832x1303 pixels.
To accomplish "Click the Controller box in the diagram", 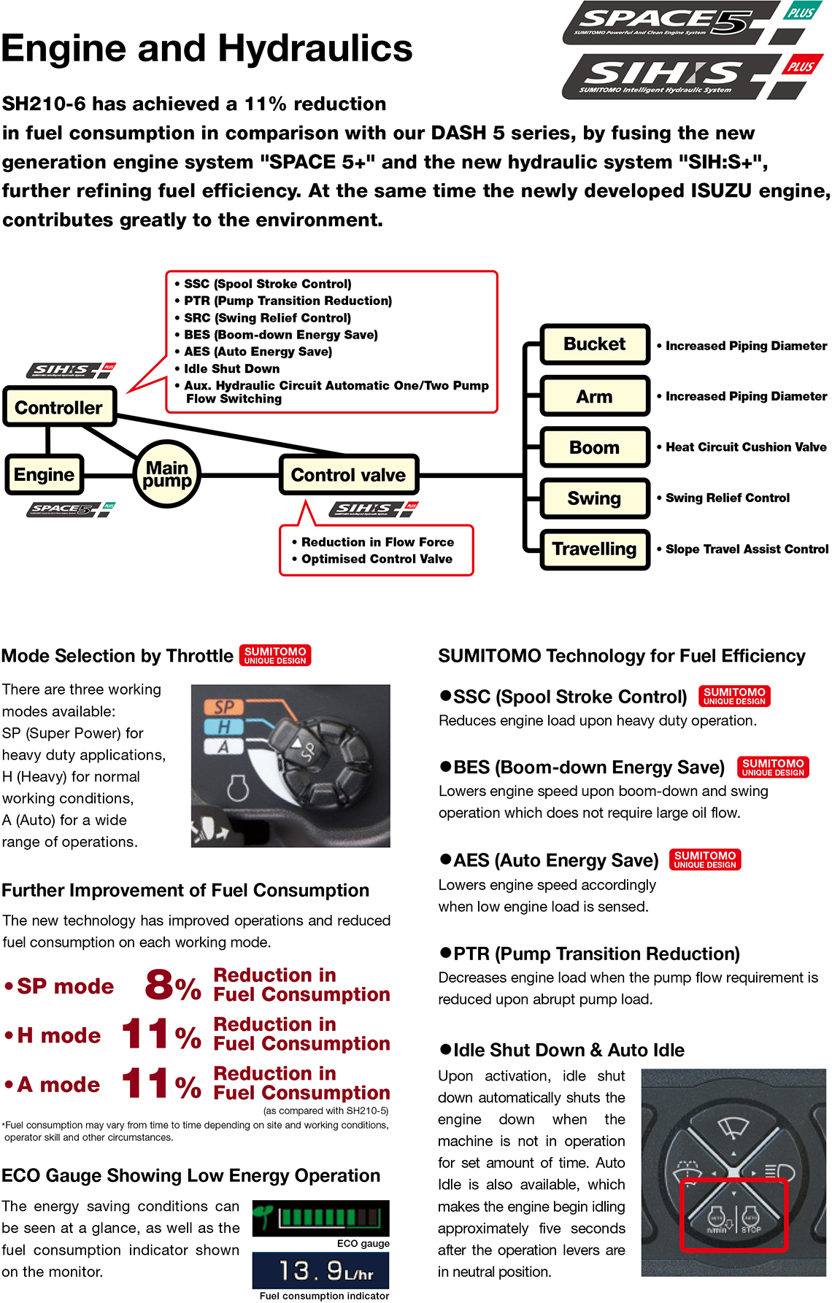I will (59, 407).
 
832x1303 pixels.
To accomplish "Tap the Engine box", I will (44, 475).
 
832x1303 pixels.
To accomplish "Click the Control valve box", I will (348, 475).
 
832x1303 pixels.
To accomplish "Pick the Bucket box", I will (594, 344).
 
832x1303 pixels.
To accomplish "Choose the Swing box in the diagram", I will (594, 498).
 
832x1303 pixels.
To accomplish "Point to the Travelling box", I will (594, 549).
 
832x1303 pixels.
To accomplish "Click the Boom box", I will (594, 447).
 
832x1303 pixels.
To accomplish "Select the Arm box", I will (594, 396).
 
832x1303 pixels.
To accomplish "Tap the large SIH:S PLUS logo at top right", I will (690, 77).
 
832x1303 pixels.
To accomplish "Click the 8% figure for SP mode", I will (172, 986).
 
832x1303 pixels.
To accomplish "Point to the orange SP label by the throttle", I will (223, 706).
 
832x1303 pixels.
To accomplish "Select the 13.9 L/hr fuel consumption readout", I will (320, 1271).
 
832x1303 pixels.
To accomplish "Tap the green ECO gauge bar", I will (329, 1217).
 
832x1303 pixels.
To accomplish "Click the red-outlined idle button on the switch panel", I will (733, 1215).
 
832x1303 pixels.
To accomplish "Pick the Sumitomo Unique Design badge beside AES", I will (704, 859).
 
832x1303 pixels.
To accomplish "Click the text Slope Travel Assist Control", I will (747, 549).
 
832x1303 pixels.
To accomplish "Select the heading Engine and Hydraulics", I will (207, 48).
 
